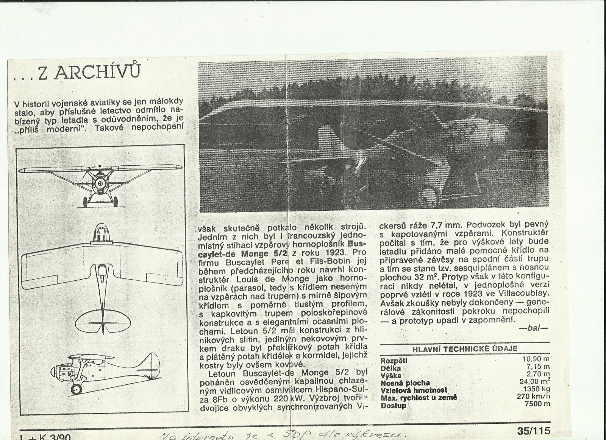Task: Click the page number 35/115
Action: point(533,431)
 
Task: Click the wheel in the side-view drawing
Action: point(77,389)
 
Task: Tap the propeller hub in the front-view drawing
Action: point(100,183)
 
